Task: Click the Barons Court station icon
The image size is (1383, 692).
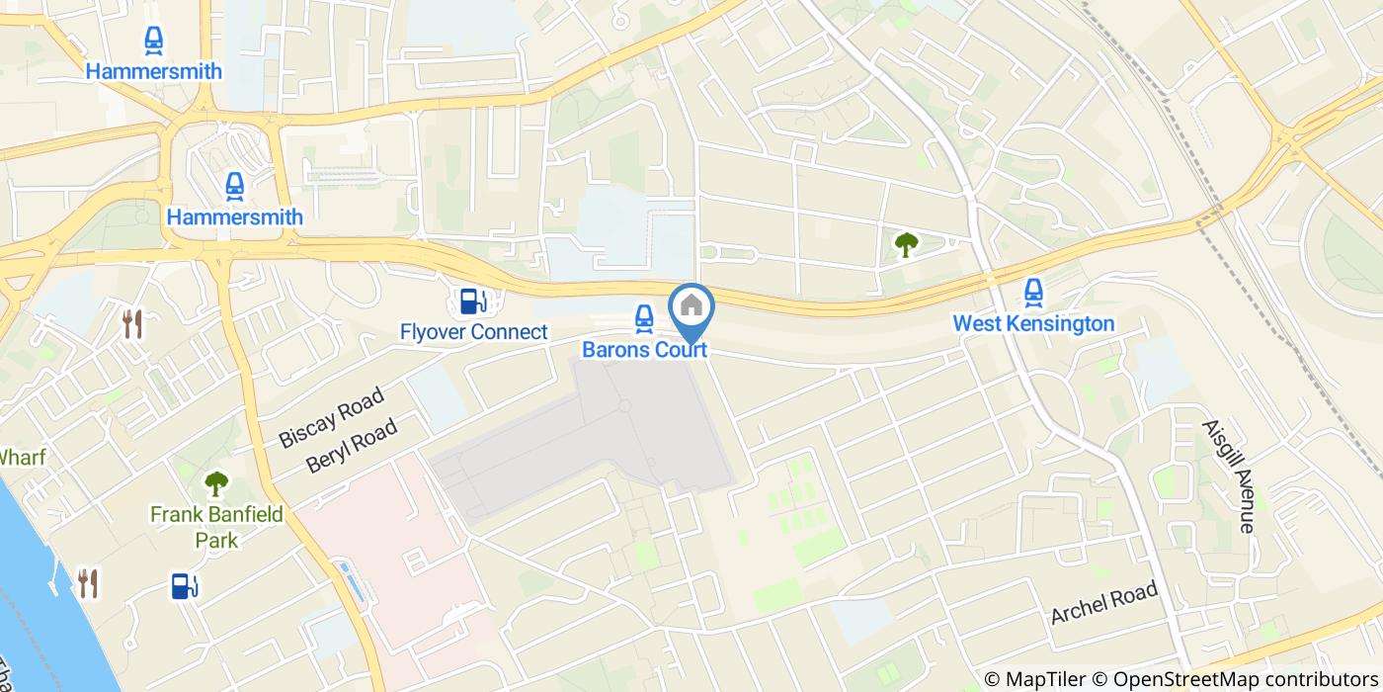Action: coord(643,317)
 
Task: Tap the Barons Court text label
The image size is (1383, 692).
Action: coord(643,350)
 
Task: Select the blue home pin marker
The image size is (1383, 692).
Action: coord(691,307)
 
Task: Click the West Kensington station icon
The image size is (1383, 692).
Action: coord(1033,292)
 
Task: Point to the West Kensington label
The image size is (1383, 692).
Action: coord(1033,323)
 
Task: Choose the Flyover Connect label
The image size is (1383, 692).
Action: coord(473,331)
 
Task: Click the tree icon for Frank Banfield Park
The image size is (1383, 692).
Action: coord(215,483)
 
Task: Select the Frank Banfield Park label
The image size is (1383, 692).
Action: coord(216,527)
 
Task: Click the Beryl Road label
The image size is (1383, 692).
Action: coord(352,446)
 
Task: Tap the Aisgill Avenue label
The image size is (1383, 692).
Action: coord(1228,476)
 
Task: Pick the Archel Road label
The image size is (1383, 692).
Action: coord(1103,603)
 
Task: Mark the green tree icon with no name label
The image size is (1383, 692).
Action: coord(905,244)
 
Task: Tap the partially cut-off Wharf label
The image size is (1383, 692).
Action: coord(23,457)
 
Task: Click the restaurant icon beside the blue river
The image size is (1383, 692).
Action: coord(88,583)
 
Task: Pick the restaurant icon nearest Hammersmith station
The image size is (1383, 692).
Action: coord(133,323)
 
